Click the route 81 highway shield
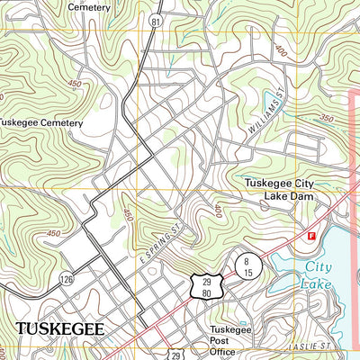[x=156, y=19]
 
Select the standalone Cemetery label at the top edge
[x=88, y=6]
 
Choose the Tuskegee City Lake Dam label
[x=279, y=189]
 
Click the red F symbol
[x=311, y=235]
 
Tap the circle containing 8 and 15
[x=248, y=265]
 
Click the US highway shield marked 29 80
[x=203, y=286]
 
